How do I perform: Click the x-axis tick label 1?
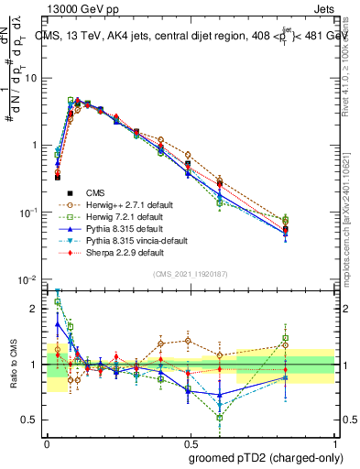[333, 441]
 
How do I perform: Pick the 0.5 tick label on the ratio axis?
[33, 420]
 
